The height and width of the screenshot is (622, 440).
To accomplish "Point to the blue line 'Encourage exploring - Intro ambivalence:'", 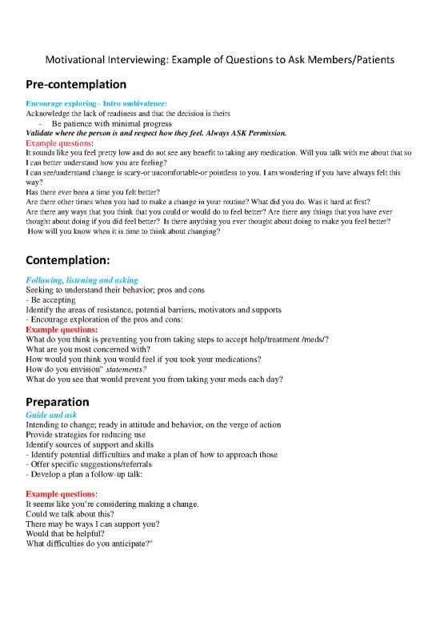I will point(97,104).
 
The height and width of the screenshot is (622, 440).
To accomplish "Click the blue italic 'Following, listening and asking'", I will point(82,280).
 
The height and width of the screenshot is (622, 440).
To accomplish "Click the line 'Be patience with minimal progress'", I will point(111,123).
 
